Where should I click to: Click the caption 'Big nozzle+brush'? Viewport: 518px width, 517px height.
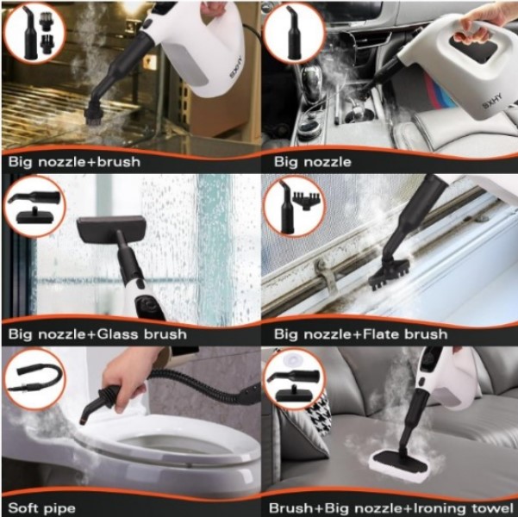[x=74, y=162]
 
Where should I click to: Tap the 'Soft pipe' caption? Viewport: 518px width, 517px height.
[x=42, y=508]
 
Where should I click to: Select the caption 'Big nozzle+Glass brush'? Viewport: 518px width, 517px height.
[x=97, y=334]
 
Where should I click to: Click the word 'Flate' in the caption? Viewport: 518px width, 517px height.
[x=382, y=334]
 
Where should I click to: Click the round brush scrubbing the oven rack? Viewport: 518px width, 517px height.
[x=95, y=115]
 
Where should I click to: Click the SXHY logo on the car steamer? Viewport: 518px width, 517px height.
[x=491, y=101]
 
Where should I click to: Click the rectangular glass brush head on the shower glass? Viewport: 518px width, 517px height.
[x=111, y=228]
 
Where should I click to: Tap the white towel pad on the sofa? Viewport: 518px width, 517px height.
[x=401, y=465]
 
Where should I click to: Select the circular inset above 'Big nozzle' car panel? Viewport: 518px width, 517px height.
[x=294, y=33]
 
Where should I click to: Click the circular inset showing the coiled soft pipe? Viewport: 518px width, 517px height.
[x=34, y=379]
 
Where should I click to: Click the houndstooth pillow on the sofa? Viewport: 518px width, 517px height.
[x=317, y=413]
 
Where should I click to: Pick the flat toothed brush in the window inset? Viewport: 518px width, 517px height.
[x=306, y=201]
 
